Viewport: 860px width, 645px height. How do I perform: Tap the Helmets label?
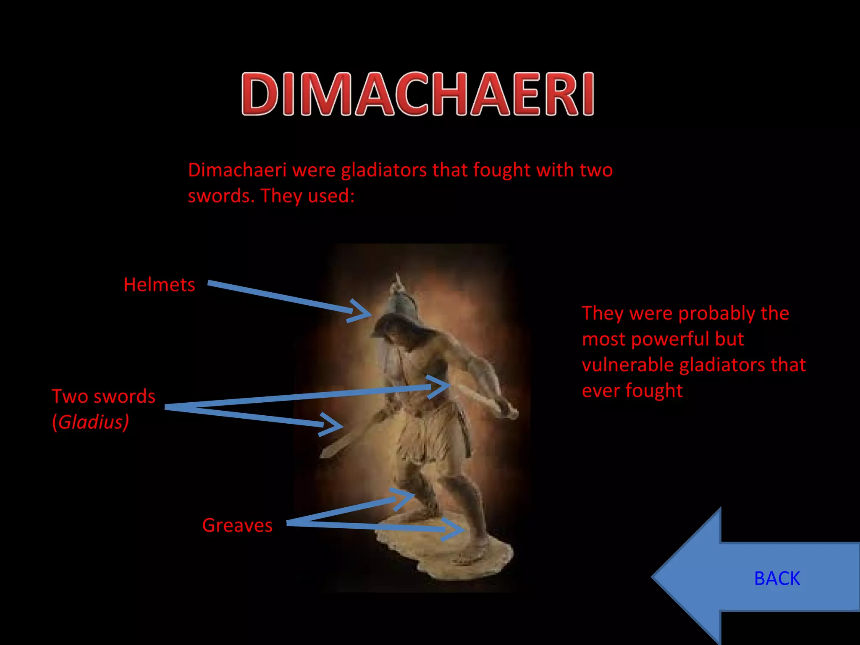point(159,285)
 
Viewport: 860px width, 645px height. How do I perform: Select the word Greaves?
point(237,525)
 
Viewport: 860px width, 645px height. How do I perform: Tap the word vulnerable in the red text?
point(629,365)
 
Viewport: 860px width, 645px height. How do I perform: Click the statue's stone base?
point(445,550)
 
